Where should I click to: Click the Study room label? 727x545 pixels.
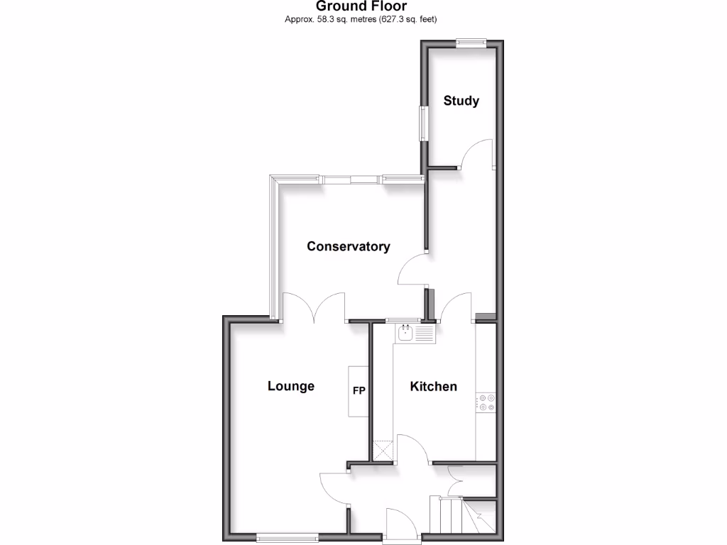[461, 101]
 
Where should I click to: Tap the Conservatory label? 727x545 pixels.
[348, 246]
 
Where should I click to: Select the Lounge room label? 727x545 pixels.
[290, 386]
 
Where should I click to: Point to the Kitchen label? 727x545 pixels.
[433, 386]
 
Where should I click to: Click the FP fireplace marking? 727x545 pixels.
[359, 390]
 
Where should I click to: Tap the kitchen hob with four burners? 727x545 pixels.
[486, 403]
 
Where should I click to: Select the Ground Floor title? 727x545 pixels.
[361, 6]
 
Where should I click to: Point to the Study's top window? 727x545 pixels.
[471, 43]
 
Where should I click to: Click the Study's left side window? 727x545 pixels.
[424, 123]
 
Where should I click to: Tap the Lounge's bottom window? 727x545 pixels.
[288, 538]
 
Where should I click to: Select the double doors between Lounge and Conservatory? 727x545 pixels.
[314, 307]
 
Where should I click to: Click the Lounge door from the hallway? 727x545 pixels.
[332, 488]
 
